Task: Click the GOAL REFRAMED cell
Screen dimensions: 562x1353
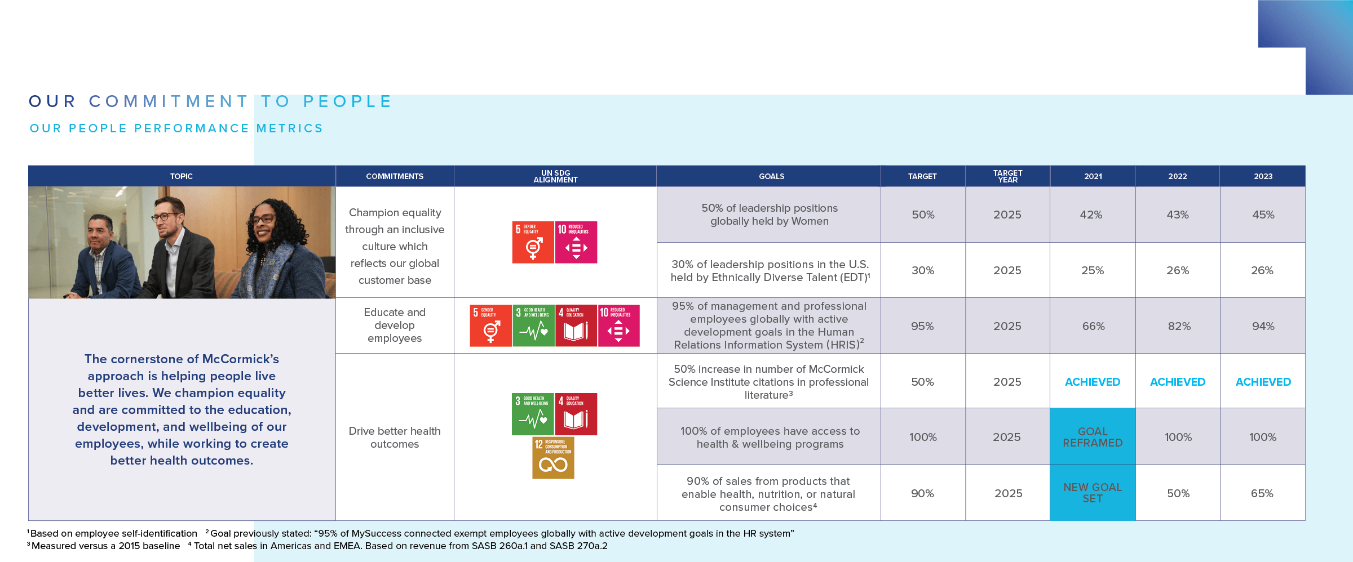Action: coord(1093,437)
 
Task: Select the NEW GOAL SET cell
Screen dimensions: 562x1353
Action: coord(1093,493)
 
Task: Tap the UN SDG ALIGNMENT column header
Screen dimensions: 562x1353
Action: coord(555,176)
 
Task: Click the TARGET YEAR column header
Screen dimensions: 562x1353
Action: coord(1007,176)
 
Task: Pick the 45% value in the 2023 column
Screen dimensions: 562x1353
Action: coord(1263,215)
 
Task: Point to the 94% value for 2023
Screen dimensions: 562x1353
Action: coord(1263,326)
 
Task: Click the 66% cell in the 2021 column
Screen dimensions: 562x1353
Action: coord(1093,326)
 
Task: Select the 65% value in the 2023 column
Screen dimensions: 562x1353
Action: coord(1262,493)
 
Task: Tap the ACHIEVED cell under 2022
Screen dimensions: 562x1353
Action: coord(1177,382)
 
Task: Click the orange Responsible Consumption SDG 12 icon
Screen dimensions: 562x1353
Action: coord(553,458)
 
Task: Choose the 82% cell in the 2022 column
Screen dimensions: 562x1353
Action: coord(1179,326)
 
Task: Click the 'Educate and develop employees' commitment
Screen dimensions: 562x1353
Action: coord(395,325)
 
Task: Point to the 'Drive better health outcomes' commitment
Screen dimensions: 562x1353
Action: coord(395,437)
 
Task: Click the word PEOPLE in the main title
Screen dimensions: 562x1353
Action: coord(347,101)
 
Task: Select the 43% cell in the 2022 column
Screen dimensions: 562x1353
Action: coord(1177,215)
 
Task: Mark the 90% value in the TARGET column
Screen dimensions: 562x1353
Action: coord(922,493)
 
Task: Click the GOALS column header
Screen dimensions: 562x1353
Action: coord(771,176)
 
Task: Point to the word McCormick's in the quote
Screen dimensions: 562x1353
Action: coord(240,359)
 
